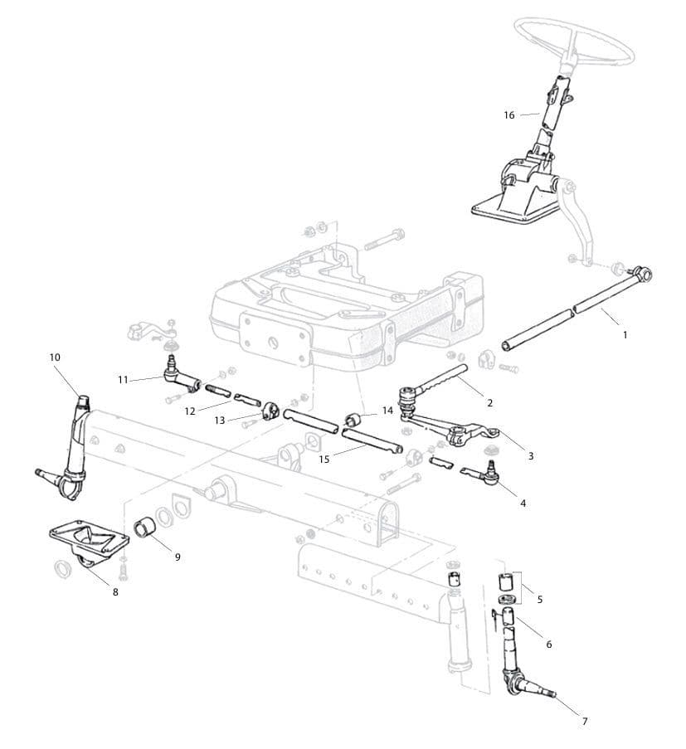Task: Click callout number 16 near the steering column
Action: coord(509,114)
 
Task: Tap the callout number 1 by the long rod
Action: coord(625,334)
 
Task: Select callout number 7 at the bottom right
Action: coord(584,721)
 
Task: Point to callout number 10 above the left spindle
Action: coord(55,357)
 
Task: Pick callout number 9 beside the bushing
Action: coord(177,557)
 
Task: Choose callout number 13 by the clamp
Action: coord(219,421)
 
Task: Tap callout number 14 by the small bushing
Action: coord(387,411)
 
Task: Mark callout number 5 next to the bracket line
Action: coord(540,598)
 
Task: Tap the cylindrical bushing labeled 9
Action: coord(145,527)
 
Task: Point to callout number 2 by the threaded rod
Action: coord(489,403)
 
